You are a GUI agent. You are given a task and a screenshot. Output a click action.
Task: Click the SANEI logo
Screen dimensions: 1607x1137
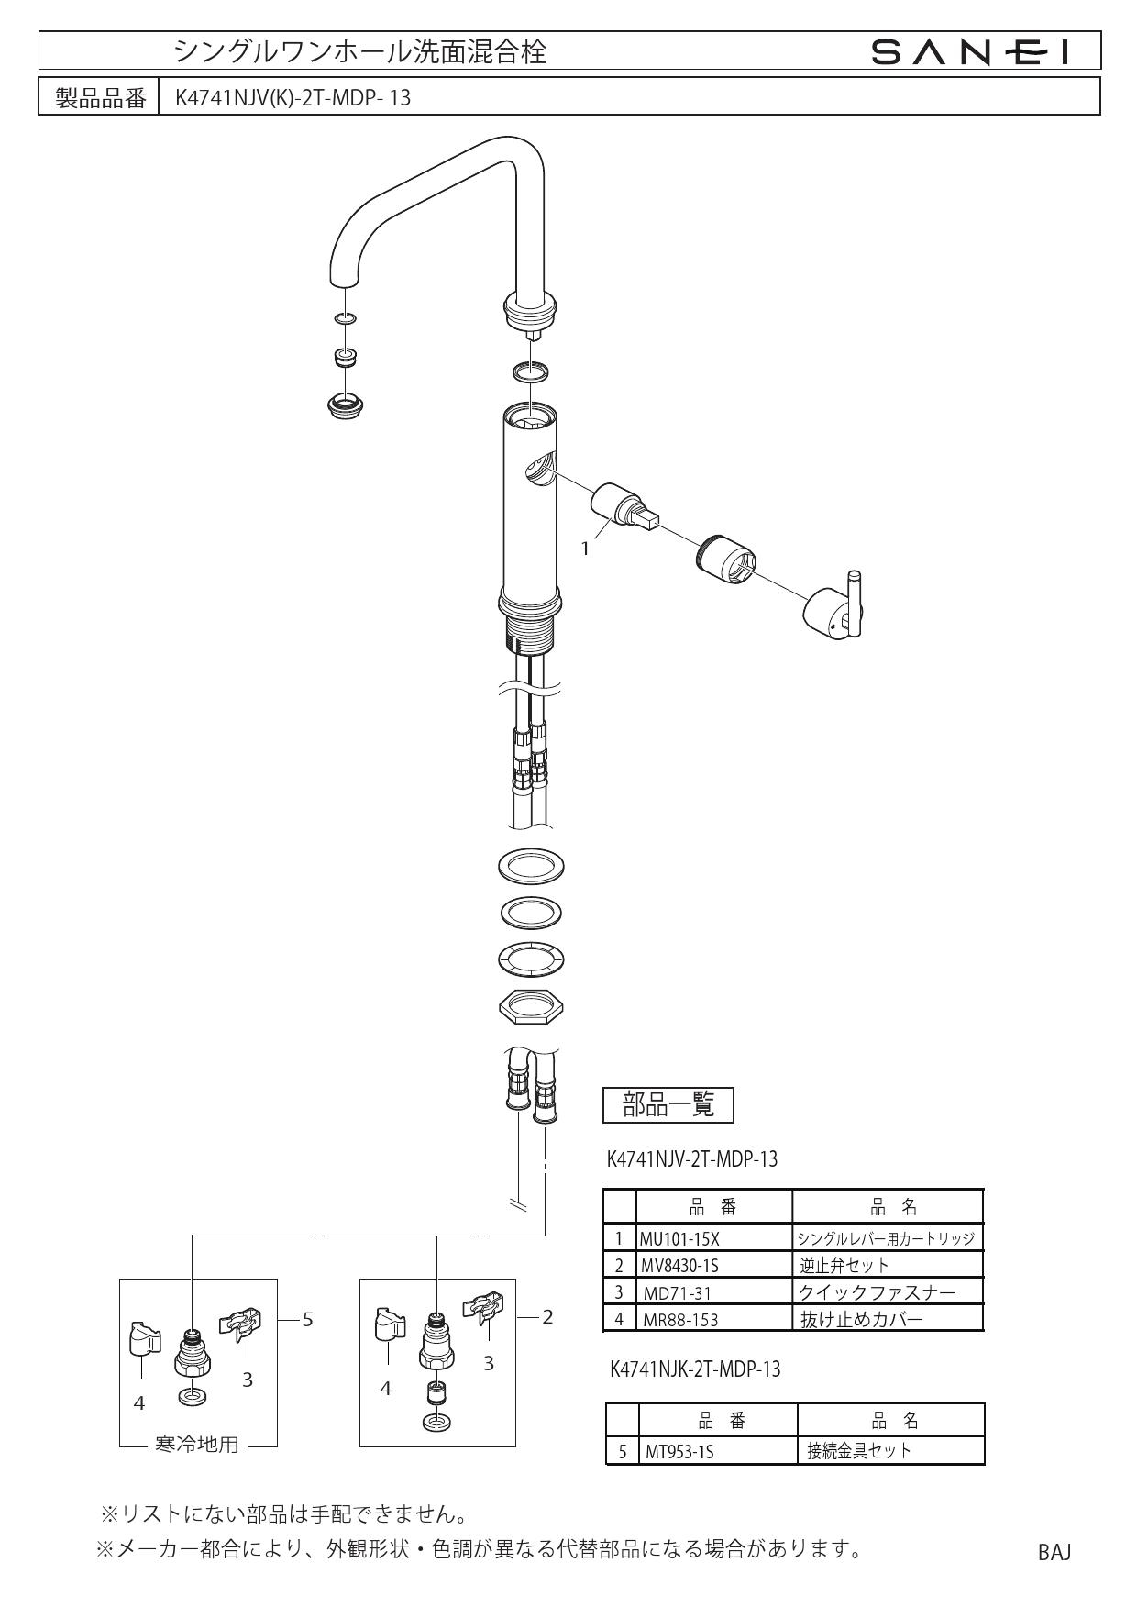click(x=971, y=53)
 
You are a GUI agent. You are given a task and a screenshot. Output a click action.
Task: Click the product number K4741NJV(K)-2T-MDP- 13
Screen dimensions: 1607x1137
click(x=293, y=98)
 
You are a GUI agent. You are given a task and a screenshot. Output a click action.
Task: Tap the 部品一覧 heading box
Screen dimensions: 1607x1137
click(x=668, y=1104)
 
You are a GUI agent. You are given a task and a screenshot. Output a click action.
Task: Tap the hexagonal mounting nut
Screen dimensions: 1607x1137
click(x=530, y=1006)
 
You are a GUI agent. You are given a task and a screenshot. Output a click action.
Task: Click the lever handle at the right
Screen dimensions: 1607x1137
click(x=836, y=610)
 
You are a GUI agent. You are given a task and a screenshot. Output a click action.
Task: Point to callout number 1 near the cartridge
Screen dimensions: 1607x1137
click(x=585, y=548)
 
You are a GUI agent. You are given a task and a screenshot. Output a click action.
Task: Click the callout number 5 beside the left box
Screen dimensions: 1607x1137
click(x=308, y=1319)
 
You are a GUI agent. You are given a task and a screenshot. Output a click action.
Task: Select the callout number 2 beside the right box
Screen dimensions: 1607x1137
click(x=547, y=1317)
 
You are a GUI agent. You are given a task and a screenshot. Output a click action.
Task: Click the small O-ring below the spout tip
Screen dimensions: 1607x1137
click(x=346, y=318)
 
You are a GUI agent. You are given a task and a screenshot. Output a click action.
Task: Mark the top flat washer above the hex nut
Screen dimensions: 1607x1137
click(x=530, y=866)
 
